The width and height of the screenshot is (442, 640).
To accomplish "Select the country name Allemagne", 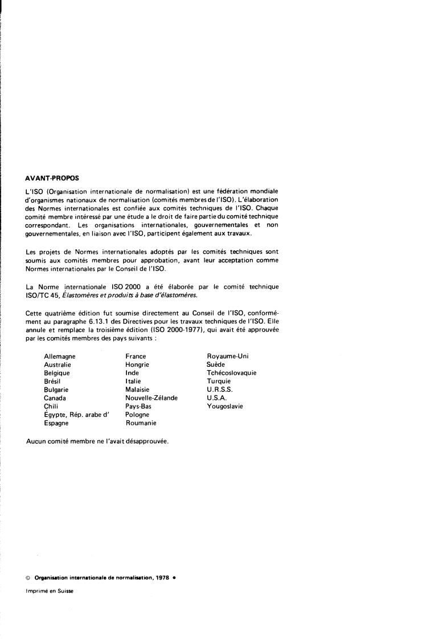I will [59, 357].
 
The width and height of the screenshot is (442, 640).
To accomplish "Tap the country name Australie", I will [58, 364].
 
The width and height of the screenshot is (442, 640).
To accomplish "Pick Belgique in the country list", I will [57, 373].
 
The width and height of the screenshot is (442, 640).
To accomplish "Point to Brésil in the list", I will [52, 381].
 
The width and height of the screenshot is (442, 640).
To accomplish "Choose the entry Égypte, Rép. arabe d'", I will [76, 415].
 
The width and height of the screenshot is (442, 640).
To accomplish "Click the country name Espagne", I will [56, 423].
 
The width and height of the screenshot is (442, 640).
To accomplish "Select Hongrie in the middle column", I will [137, 364].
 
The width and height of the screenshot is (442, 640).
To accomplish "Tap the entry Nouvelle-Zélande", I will [152, 398].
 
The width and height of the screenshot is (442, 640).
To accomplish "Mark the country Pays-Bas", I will [138, 406].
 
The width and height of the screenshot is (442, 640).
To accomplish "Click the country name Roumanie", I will [141, 423].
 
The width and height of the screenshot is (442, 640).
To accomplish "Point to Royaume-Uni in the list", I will [228, 357].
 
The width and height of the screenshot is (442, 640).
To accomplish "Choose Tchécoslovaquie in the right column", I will [232, 373].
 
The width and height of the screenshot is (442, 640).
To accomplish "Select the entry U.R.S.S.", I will [220, 390].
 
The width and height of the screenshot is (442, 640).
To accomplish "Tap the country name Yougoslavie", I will [225, 406].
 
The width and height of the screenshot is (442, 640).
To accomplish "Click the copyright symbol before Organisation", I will [28, 577].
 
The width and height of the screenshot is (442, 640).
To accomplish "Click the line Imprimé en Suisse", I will [50, 591].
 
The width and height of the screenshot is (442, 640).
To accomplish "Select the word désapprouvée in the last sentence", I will [149, 442].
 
